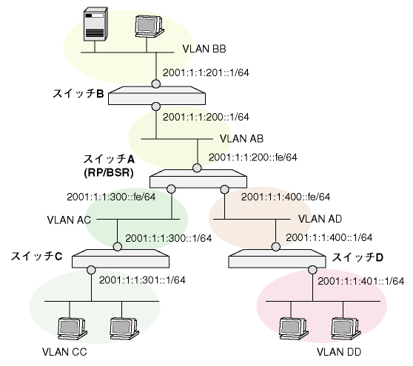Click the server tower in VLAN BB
tap(95, 24)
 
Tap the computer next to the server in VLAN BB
tap(149, 27)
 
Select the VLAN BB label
tap(204, 49)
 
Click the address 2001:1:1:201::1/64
tap(206, 72)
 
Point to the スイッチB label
tap(78, 93)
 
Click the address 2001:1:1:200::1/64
tap(206, 117)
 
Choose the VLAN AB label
tap(241, 139)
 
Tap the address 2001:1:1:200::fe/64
tap(253, 157)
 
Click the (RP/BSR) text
tap(109, 172)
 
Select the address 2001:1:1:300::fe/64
tap(111, 197)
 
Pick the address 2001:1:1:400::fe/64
tap(286, 197)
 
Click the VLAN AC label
tap(69, 220)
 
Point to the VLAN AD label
tap(320, 219)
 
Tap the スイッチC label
tap(36, 257)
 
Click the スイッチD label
tap(357, 257)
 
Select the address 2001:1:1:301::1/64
tap(142, 280)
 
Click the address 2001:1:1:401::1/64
tap(361, 281)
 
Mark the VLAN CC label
tap(64, 352)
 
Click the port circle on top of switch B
tap(156, 84)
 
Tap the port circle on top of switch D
tap(276, 247)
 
